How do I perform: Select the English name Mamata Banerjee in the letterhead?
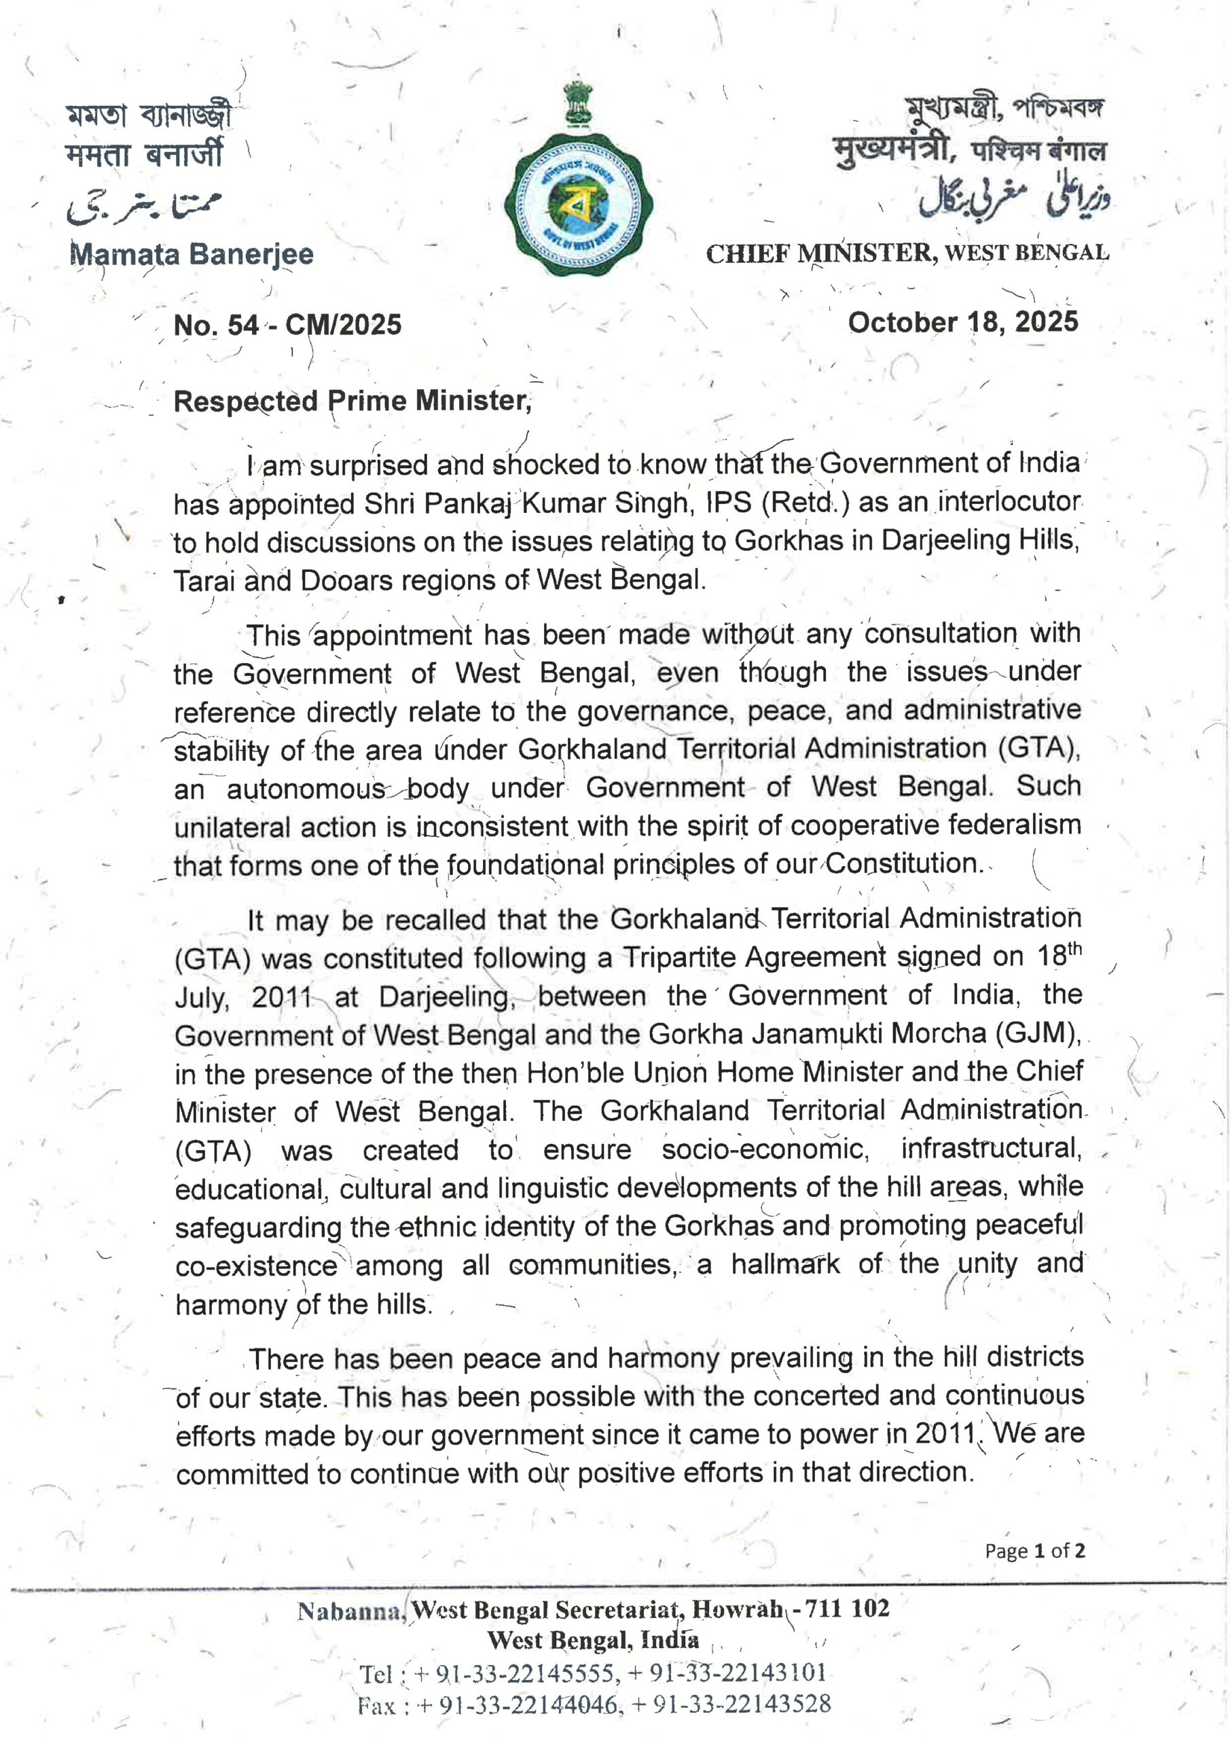pos(192,254)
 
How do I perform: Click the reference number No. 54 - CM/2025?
pos(288,325)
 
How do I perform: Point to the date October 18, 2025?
pos(962,322)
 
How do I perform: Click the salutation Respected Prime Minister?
pos(352,401)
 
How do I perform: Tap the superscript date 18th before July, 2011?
pos(1059,954)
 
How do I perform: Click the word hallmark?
pos(785,1264)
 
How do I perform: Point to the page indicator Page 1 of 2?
pos(1034,1550)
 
